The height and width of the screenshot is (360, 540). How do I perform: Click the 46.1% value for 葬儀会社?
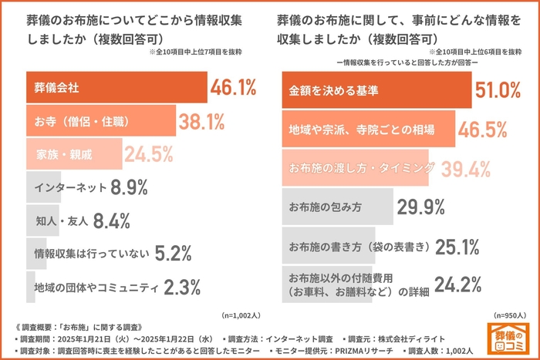(x=233, y=89)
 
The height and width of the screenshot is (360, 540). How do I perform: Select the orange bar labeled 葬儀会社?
(x=116, y=89)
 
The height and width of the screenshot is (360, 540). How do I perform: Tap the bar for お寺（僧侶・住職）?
(x=100, y=121)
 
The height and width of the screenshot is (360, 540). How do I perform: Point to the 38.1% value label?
(x=201, y=121)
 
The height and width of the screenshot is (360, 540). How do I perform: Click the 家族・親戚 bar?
(x=73, y=154)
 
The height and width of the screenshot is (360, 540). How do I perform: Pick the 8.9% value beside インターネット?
(x=129, y=187)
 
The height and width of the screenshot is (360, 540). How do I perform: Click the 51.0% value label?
(x=498, y=91)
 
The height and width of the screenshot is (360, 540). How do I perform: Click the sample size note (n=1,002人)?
(x=241, y=315)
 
